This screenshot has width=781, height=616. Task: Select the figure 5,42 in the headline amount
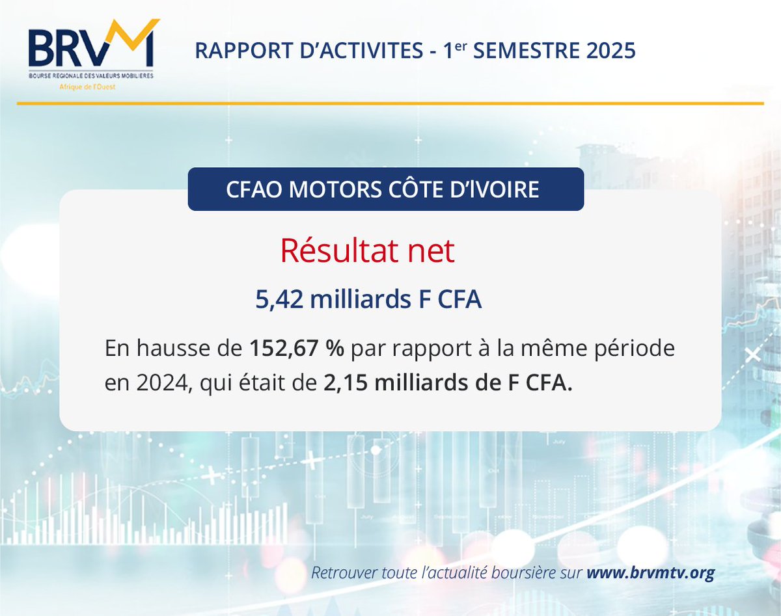[279, 300]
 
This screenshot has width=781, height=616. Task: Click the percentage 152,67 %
[297, 348]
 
